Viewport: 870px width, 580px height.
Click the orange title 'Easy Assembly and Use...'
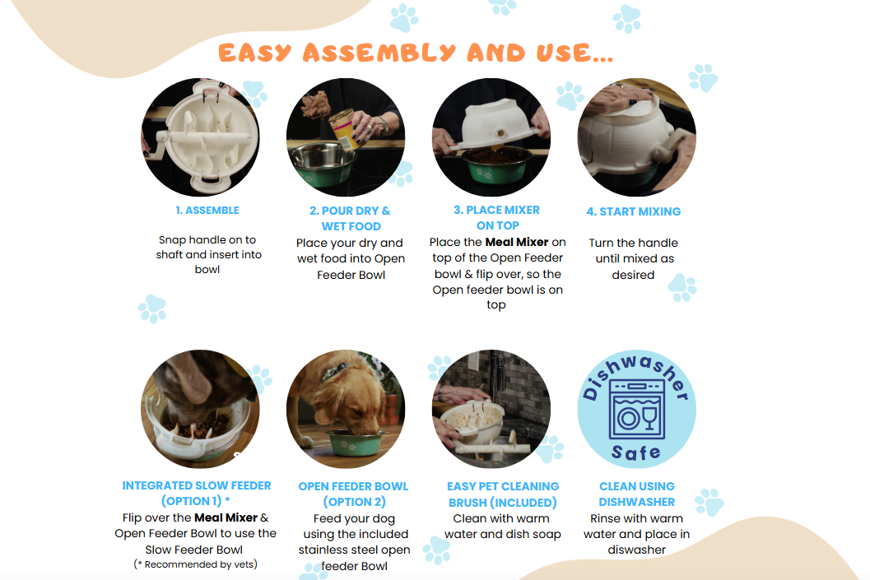click(416, 53)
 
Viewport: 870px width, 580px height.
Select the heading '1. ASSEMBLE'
click(207, 210)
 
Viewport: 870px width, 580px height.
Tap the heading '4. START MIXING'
click(634, 211)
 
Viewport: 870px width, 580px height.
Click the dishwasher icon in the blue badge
click(636, 409)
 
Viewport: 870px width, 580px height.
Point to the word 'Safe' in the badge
click(636, 452)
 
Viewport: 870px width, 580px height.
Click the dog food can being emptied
click(346, 129)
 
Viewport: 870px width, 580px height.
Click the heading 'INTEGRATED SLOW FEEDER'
click(197, 485)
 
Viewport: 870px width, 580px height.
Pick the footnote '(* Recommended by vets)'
click(195, 564)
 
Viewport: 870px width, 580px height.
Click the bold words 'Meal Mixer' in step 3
click(517, 242)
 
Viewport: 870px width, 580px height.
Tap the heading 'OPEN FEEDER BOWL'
click(353, 486)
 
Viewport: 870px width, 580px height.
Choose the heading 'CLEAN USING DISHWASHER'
click(637, 494)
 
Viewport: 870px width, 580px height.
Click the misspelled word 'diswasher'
click(636, 550)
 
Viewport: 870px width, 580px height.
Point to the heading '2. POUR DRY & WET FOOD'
click(350, 219)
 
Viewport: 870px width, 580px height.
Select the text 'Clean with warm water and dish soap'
click(502, 527)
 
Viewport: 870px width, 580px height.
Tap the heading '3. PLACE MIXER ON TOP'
click(496, 217)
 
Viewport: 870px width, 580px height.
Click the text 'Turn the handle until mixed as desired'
click(634, 258)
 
